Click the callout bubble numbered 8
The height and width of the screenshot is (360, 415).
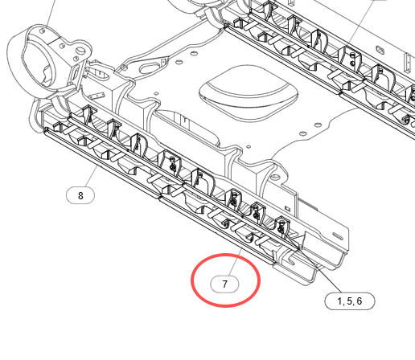pos(80,195)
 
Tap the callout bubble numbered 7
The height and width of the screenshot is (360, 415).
pos(224,284)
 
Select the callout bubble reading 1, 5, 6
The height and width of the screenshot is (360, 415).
pos(350,301)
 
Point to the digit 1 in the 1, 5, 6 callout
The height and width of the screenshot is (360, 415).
pos(339,301)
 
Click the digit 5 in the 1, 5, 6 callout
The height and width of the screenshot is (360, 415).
pos(349,301)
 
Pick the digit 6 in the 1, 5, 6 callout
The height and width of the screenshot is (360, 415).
pos(359,301)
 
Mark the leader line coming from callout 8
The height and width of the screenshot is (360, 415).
pos(91,176)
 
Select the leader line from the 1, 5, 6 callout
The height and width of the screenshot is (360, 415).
pos(319,271)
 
